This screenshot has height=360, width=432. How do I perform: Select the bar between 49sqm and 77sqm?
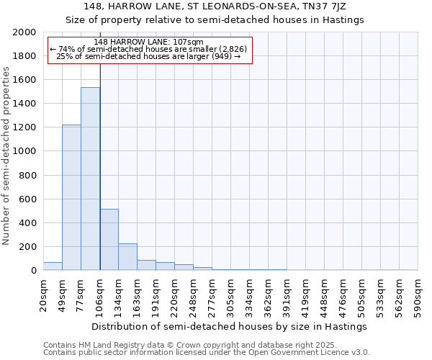(x=71, y=197)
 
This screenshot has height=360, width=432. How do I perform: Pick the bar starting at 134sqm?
(x=127, y=256)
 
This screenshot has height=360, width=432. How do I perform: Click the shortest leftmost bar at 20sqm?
(x=53, y=266)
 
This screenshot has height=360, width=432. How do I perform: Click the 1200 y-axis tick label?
(x=24, y=127)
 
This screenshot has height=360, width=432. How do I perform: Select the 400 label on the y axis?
(x=27, y=223)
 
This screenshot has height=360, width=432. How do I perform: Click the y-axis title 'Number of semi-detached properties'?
(x=7, y=156)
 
